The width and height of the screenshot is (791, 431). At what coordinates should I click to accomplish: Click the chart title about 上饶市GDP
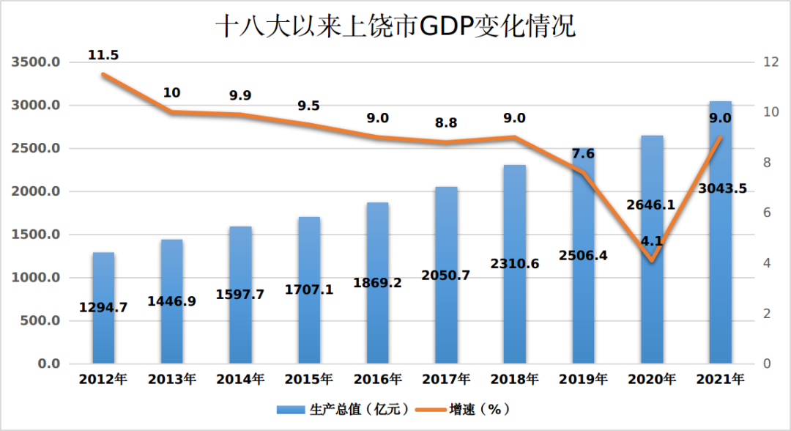click(395, 27)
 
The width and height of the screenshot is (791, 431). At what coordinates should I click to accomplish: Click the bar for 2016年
click(378, 323)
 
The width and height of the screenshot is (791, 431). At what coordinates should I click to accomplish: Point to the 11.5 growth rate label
click(103, 55)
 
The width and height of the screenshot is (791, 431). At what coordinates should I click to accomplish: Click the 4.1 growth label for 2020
click(652, 240)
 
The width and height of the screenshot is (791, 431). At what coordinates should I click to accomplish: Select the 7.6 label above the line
click(583, 153)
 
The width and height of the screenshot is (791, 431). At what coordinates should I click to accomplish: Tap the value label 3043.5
click(722, 188)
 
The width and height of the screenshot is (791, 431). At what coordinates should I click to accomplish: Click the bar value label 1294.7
click(103, 308)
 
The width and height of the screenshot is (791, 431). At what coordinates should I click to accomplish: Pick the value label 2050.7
click(446, 276)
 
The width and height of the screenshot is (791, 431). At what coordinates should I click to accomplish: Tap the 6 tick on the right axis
click(766, 213)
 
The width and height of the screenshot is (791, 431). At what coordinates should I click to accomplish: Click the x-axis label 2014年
click(240, 380)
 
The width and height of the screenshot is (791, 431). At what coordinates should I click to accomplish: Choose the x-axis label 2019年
click(583, 380)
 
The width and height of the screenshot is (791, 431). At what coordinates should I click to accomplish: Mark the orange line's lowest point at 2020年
click(652, 260)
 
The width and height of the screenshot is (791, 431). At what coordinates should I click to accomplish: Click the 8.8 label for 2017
click(446, 123)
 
